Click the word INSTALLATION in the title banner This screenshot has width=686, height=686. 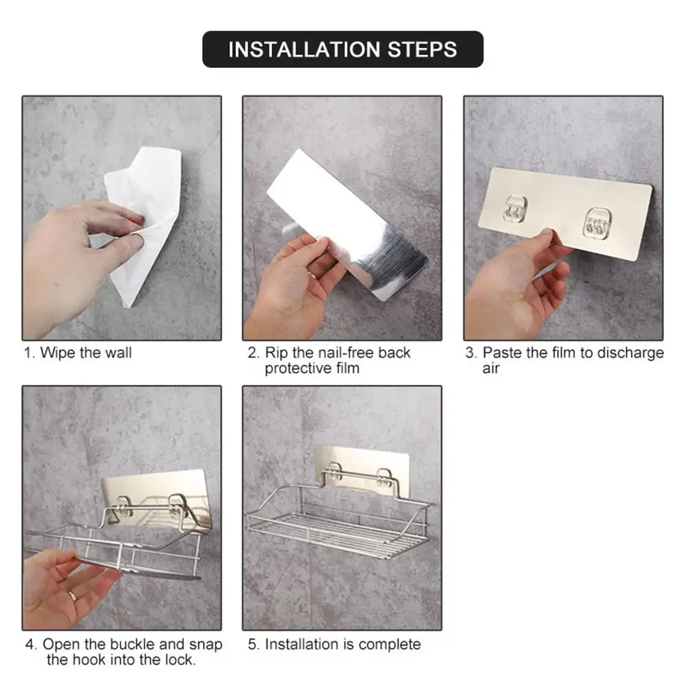point(305,49)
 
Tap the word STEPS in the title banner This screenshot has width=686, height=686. point(423,49)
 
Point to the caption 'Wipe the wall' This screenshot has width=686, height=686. point(86,353)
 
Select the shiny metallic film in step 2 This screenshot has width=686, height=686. point(348,225)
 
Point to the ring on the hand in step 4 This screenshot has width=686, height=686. point(73,596)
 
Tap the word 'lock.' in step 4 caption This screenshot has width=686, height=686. point(180,660)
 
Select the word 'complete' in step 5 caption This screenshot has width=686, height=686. point(390,644)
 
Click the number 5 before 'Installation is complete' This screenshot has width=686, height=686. point(252,644)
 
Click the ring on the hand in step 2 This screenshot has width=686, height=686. point(311,275)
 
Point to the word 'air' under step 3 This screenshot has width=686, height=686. point(491,369)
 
